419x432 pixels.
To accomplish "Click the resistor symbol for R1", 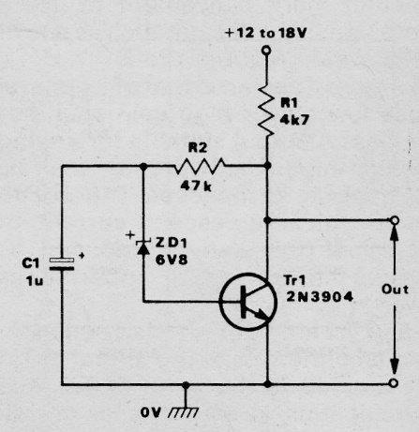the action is pos(266,110).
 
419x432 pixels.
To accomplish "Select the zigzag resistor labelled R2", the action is pos(200,166).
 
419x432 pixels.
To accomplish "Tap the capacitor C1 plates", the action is pos(62,264).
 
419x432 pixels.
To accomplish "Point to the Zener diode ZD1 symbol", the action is pos(143,246).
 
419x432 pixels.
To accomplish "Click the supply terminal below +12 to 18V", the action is pos(266,50).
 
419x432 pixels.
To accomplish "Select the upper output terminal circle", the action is pos(395,220).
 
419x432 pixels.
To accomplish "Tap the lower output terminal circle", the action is pos(394,383).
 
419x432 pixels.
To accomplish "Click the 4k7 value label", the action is pos(294,120).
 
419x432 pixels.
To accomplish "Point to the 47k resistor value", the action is pos(196,186).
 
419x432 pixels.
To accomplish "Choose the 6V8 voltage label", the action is pos(172,260).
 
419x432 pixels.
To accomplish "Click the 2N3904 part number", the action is pos(320,297).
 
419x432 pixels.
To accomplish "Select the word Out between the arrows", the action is pos(395,290).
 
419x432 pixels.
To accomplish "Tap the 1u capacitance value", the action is pos(35,281).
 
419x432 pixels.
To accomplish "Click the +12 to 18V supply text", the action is pos(266,33).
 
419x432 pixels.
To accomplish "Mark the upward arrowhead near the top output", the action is pos(395,232).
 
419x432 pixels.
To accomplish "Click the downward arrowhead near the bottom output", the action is pos(395,366).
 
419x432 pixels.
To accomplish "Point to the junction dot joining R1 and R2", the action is pos(267,165).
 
